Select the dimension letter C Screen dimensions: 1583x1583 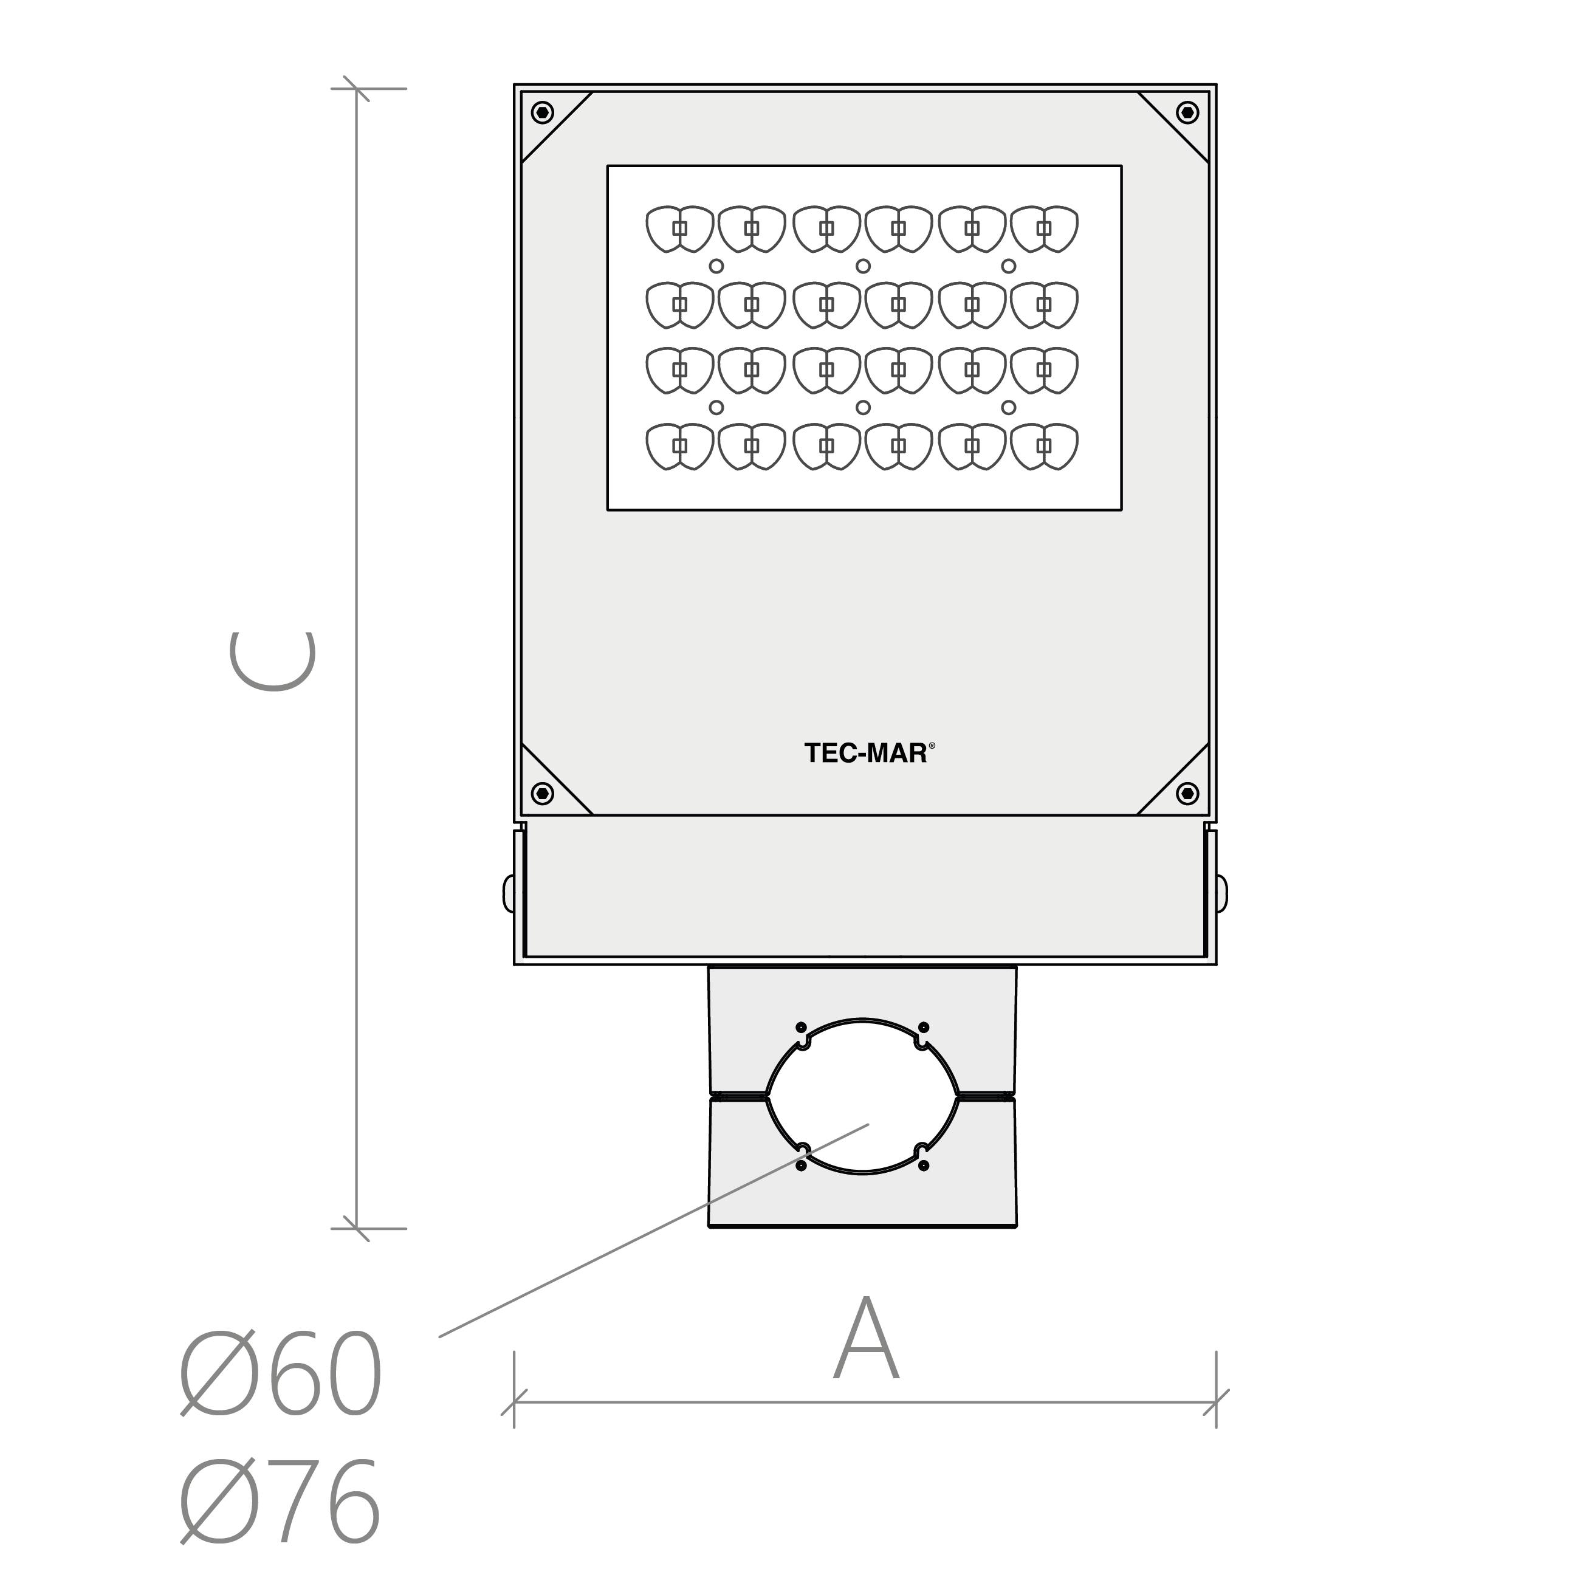point(273,661)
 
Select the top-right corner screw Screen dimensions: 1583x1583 point(1187,112)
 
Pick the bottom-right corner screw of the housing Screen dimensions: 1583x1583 point(1187,793)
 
